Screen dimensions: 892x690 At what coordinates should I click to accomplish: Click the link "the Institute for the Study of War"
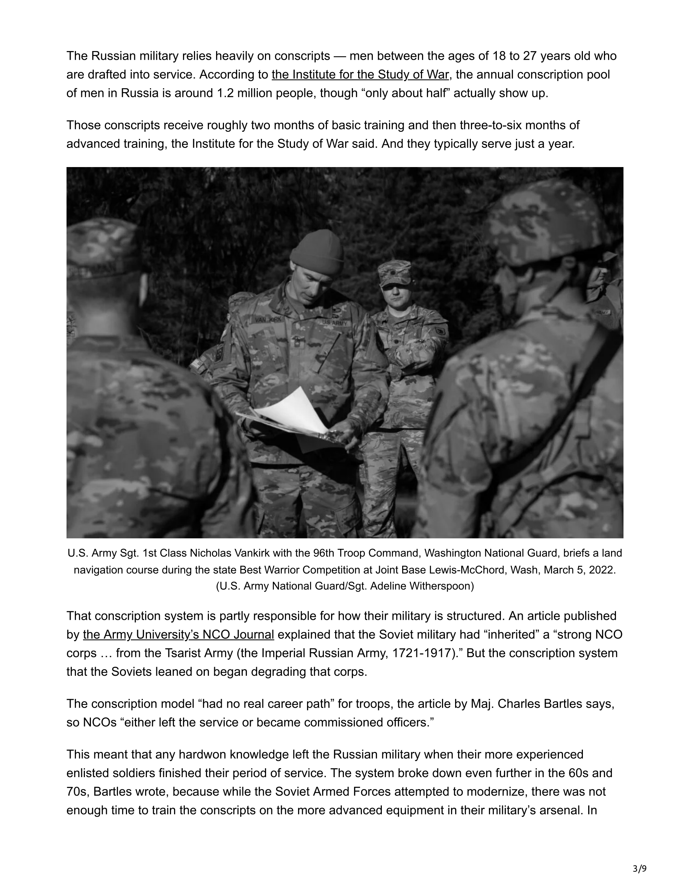click(x=360, y=75)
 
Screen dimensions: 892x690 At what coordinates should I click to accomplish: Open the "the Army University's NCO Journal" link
click(x=178, y=635)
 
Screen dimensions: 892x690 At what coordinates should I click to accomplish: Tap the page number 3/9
click(x=639, y=869)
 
